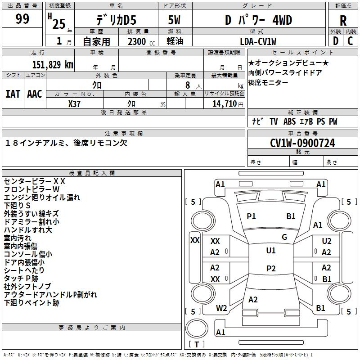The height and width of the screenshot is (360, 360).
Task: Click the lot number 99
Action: click(22, 18)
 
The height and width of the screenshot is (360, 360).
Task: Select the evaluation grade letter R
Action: click(343, 21)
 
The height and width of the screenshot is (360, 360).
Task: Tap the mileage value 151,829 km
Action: click(53, 65)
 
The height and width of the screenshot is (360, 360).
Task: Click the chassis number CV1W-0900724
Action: click(302, 143)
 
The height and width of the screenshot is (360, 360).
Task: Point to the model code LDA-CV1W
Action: click(258, 41)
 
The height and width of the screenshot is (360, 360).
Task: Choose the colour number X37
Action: click(74, 104)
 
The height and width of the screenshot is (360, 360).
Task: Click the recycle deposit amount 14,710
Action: click(224, 104)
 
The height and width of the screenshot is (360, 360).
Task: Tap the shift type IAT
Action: click(13, 94)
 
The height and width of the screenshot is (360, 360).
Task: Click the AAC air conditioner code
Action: click(35, 94)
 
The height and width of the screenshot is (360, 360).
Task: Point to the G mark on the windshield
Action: click(284, 237)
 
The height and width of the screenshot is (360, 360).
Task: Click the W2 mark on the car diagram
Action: click(221, 308)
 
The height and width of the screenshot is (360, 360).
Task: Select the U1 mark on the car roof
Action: click(271, 251)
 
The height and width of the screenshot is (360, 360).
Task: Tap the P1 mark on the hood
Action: click(251, 216)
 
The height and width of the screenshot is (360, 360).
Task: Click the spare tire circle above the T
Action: click(197, 328)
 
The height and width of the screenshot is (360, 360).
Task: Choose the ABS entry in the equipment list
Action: click(289, 121)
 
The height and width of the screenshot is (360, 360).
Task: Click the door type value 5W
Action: click(174, 20)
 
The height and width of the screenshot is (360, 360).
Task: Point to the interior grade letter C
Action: click(350, 41)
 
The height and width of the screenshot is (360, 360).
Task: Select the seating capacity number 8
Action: click(188, 85)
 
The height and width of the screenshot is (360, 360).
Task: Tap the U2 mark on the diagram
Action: click(327, 241)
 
